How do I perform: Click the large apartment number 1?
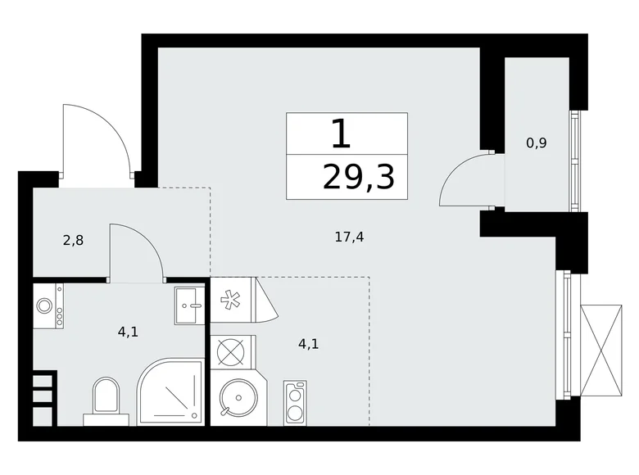(342, 133)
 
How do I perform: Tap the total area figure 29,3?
(358, 175)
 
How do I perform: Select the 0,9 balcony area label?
(537, 142)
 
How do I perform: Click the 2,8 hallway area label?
(74, 241)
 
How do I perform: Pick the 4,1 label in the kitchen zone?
(308, 344)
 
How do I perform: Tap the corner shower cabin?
(171, 393)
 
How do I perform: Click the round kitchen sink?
(238, 398)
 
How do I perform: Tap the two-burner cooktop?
(295, 402)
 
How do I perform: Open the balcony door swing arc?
(465, 178)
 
